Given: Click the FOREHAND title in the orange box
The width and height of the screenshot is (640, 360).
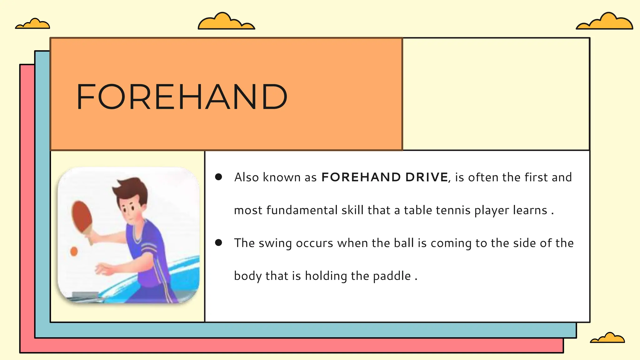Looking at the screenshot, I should [x=182, y=97].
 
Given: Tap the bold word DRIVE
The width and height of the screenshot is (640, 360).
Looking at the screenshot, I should [x=427, y=177].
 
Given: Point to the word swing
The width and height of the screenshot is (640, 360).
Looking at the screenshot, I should [x=275, y=243].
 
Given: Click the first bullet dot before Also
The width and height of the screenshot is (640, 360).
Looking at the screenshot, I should [x=219, y=177].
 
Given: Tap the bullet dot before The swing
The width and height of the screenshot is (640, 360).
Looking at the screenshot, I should [x=219, y=243].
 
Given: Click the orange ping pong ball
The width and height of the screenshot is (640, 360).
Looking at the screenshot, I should [x=74, y=251].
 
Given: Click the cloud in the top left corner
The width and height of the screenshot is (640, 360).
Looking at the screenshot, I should [x=33, y=24].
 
